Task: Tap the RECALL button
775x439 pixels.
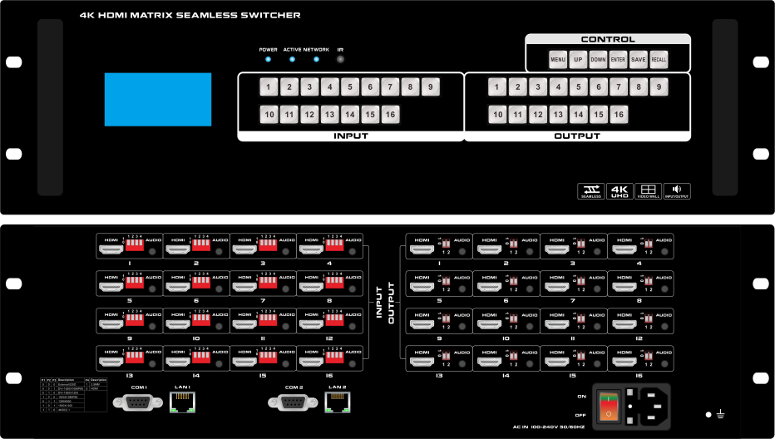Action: click(659, 60)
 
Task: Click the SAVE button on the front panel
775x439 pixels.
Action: click(638, 60)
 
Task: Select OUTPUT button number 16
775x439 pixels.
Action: click(618, 115)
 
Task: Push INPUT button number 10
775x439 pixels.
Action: click(269, 115)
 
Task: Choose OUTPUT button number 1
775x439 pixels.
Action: click(496, 86)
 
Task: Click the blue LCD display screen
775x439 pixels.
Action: click(158, 100)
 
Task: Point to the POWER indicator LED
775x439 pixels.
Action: click(268, 60)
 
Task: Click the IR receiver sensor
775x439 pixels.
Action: click(340, 60)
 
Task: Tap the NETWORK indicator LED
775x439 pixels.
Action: click(316, 60)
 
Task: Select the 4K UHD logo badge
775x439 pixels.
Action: click(620, 191)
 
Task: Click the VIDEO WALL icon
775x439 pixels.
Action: click(648, 191)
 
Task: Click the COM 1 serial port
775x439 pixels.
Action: click(138, 402)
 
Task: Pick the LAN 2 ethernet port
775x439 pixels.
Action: click(337, 402)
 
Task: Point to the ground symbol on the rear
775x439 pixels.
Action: click(721, 414)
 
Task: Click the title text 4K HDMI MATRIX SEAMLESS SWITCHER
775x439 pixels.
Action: click(190, 15)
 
